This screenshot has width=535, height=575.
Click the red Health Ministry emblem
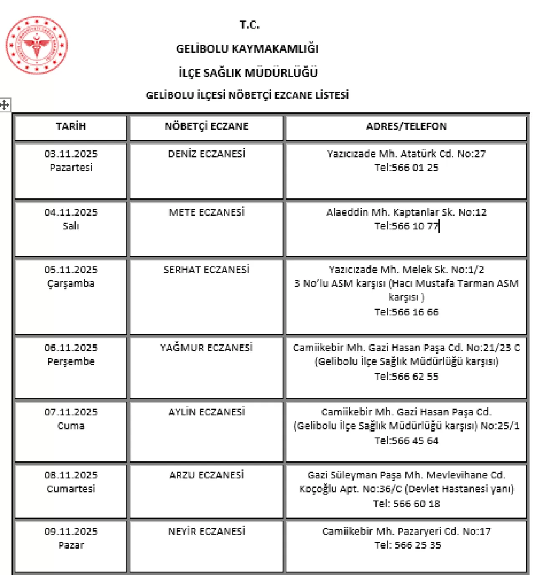point(37,45)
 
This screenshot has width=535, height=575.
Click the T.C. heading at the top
point(250,25)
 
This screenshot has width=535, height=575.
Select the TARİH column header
point(71,126)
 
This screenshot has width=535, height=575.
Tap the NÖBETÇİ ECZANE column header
point(206,126)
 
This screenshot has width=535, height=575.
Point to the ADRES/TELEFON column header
point(406,126)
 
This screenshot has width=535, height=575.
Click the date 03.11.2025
point(71,154)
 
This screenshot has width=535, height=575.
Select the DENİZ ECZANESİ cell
point(206,154)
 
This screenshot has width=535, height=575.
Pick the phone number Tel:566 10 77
point(406,226)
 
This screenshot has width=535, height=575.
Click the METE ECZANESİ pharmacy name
point(206,212)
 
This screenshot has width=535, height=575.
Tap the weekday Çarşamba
point(71,283)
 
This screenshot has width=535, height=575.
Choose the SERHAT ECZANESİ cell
point(206,270)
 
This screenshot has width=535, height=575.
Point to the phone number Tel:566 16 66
point(406,312)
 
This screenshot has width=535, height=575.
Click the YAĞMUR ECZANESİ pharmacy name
point(206,348)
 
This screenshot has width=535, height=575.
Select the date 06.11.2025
point(71,348)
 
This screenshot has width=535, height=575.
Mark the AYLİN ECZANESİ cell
point(206,412)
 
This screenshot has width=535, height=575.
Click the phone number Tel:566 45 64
point(406,441)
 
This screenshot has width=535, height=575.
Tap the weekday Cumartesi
point(71,489)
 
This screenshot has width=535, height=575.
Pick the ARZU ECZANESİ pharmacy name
point(206,475)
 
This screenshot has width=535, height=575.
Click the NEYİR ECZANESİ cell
point(206,531)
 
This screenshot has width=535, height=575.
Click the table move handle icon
point(5,104)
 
